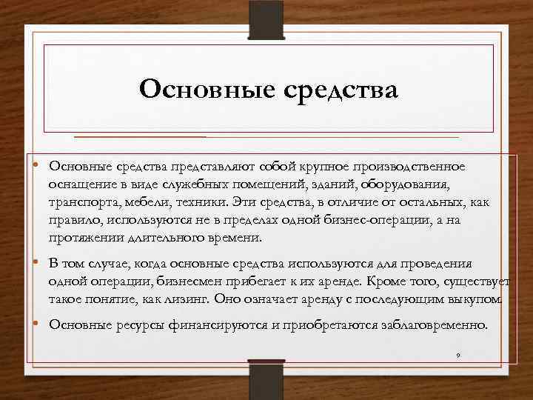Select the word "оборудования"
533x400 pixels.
tap(406, 184)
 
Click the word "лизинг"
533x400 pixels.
tap(188, 300)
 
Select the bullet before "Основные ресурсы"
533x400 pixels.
tap(36, 324)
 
